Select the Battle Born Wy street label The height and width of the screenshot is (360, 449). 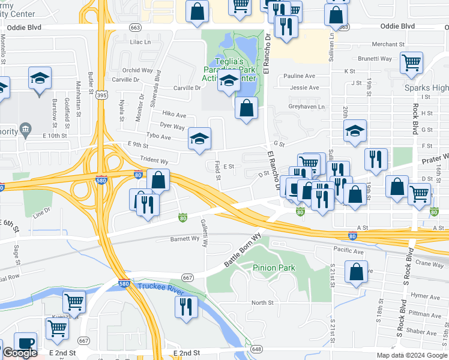point(243,251)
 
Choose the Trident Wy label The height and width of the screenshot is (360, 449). point(154,161)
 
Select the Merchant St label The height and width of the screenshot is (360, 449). point(388,44)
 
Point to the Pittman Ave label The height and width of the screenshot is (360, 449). point(424,313)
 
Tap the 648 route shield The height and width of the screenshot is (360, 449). point(257,349)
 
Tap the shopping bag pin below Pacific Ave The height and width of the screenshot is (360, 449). point(356,271)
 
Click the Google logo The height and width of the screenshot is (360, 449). point(20,353)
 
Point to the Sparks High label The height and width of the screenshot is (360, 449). point(426,88)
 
